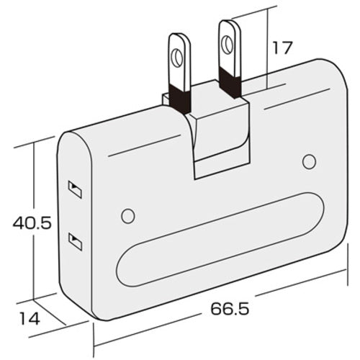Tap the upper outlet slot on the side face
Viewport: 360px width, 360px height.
tap(73, 189)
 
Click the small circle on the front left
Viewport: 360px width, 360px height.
tap(128, 215)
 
